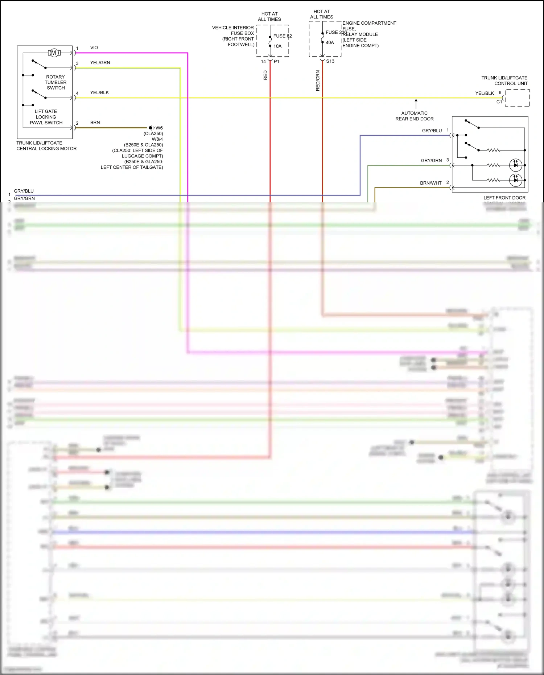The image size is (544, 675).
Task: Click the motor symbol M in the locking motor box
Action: (54, 53)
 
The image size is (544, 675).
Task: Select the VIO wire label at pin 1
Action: (94, 48)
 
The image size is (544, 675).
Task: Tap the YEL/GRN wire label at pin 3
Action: (100, 62)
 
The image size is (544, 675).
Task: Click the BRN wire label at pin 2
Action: (95, 123)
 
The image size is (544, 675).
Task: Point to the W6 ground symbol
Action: (152, 128)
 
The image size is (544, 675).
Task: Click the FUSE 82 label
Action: (282, 36)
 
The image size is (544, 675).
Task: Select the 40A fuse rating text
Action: (330, 42)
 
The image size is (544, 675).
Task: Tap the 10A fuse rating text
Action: (277, 46)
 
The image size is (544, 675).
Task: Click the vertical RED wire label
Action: (265, 75)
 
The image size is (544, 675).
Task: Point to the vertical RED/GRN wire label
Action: (318, 81)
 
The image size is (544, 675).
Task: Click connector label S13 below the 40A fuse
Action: (330, 61)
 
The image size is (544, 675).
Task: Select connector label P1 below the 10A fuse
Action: (276, 62)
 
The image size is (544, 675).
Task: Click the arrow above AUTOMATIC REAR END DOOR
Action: (416, 103)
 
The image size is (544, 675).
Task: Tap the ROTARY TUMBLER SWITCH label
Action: (55, 82)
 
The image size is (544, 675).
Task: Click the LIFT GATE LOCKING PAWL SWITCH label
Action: (46, 117)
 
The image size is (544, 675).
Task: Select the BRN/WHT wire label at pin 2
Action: (430, 183)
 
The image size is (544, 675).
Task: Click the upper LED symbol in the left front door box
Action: (515, 165)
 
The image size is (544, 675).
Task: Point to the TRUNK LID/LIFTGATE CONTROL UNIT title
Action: (504, 81)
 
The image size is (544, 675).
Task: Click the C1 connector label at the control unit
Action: (499, 102)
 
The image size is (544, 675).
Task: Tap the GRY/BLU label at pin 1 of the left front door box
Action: (432, 131)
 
